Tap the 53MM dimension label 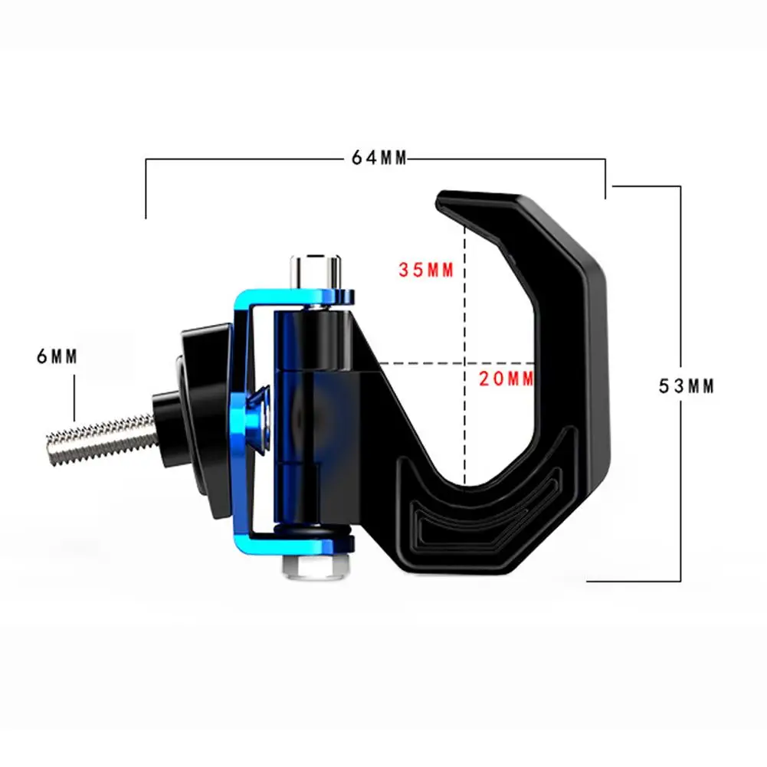(x=687, y=386)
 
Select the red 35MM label (x=426, y=270)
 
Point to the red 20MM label (x=506, y=377)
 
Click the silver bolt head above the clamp (x=314, y=269)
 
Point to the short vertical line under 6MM (x=74, y=397)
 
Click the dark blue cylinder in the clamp (x=293, y=414)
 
